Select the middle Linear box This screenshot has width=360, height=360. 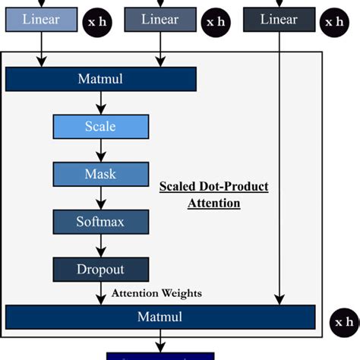(159, 20)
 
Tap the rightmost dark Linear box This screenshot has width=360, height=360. (278, 20)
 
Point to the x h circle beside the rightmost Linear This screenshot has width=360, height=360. (335, 23)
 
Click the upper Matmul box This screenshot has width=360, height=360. (100, 79)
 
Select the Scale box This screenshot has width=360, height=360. (100, 126)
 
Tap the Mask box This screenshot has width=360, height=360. (100, 174)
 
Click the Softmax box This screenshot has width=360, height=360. (100, 222)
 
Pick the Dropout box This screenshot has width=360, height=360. (100, 269)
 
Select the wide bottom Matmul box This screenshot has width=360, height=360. (159, 316)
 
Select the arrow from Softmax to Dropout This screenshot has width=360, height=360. (100, 245)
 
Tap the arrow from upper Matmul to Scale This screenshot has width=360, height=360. (100, 103)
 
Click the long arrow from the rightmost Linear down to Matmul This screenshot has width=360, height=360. (281, 167)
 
